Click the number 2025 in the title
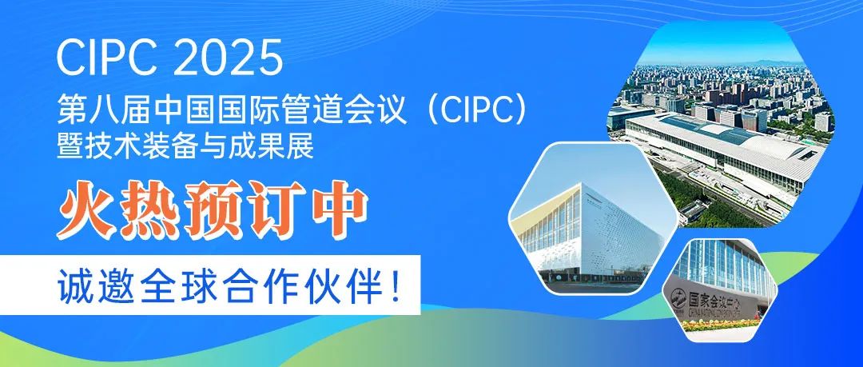(227, 57)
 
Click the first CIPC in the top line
(107, 57)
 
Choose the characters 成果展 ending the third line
(282, 146)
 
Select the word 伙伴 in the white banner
(347, 285)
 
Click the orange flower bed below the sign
(721, 324)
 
